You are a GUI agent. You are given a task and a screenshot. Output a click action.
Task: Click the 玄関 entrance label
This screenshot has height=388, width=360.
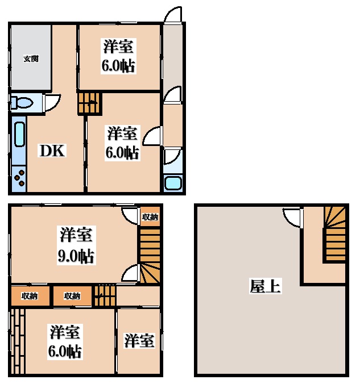click(31, 59)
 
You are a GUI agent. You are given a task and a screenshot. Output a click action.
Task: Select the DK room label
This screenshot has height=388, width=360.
click(52, 151)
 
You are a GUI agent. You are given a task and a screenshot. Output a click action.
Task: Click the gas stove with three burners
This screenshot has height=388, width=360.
click(19, 177)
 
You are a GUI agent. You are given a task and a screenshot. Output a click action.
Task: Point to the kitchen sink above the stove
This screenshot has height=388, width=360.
click(18, 139)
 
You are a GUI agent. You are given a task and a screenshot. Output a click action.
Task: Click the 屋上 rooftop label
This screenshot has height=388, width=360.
click(265, 286)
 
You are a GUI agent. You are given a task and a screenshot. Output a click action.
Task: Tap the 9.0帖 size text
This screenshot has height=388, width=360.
click(75, 256)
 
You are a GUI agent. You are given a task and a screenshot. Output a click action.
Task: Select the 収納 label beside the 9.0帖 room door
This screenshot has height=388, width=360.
click(150, 217)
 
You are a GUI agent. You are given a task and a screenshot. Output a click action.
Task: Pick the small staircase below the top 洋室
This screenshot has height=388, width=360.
click(88, 103)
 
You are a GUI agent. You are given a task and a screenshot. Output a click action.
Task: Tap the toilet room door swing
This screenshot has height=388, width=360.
click(52, 103)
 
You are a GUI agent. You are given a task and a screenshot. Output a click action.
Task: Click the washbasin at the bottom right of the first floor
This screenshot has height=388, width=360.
click(172, 183)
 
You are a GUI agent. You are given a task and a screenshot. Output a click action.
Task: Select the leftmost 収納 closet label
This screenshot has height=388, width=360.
click(30, 295)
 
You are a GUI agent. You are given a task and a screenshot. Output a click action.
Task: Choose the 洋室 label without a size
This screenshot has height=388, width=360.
click(139, 341)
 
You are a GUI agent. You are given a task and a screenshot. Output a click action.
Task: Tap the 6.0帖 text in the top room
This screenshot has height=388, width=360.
click(118, 66)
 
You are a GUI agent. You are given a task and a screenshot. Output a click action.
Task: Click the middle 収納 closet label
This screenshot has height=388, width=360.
click(72, 295)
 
